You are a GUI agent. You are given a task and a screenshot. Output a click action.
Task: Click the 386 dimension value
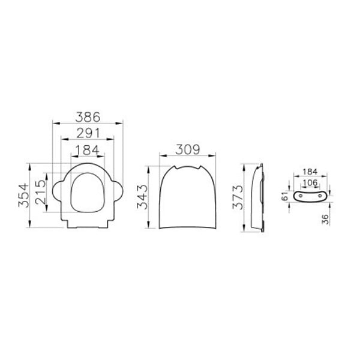[88, 117]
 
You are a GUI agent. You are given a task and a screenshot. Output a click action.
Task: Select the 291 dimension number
[88, 133]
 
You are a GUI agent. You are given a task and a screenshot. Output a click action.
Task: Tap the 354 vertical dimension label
[24, 196]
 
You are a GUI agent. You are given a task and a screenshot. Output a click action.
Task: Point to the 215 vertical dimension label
[41, 192]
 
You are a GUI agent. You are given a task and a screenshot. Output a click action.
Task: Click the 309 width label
[188, 149]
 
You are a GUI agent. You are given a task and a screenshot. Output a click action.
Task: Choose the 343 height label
[142, 197]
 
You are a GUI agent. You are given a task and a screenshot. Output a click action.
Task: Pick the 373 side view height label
[238, 197]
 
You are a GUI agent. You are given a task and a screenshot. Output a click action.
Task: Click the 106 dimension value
[310, 183]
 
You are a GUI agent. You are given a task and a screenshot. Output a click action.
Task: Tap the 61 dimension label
[285, 196]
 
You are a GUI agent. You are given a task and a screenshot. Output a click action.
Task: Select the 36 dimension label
[325, 219]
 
